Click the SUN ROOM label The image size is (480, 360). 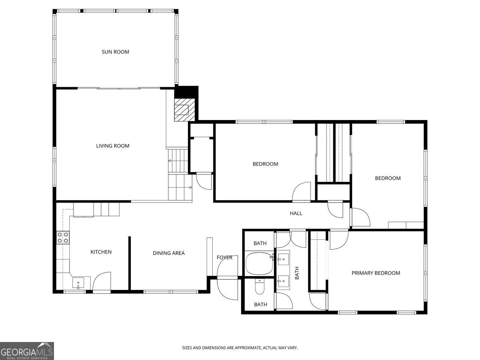point(115,52)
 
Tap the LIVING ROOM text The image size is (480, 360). point(112,146)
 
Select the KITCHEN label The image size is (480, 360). point(101,252)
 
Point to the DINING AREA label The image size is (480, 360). point(168,253)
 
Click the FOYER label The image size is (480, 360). point(224,257)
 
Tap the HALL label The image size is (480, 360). point(296,213)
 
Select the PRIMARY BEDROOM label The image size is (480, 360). point(376,273)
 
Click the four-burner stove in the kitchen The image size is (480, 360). point(63,238)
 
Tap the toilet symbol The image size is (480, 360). point(259,287)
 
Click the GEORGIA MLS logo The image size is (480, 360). point(27,351)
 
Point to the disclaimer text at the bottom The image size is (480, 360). point(240,348)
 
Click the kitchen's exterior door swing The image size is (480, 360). point(102,281)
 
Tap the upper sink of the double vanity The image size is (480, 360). point(283,258)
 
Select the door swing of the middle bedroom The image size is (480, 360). point(301,192)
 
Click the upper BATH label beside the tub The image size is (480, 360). point(260,243)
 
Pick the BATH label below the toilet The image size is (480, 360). point(260,304)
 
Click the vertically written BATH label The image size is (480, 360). point(297,273)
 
